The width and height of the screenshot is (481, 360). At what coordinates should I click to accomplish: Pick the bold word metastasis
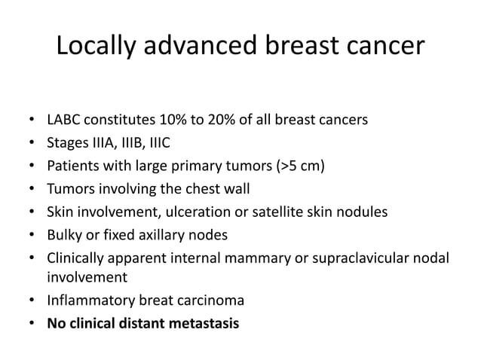206,325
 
